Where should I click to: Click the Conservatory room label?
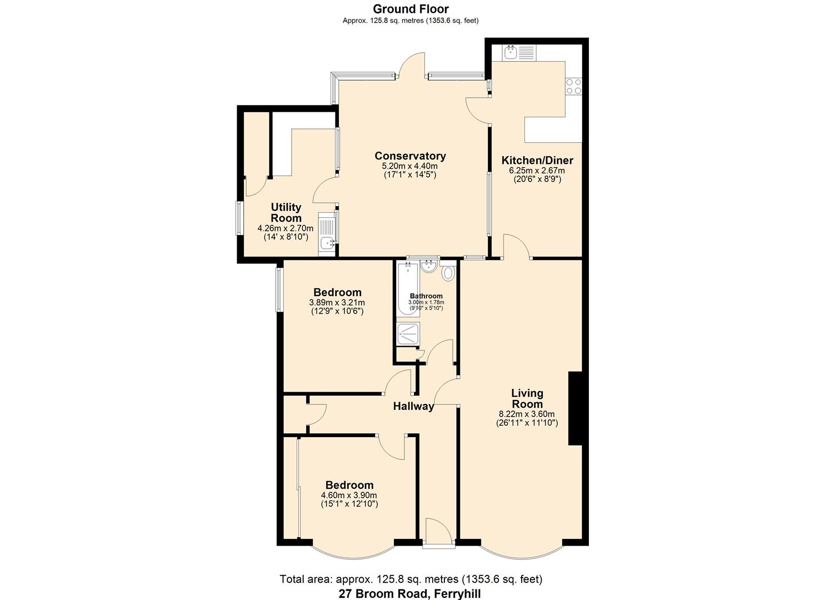(410, 156)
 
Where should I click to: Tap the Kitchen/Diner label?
(537, 161)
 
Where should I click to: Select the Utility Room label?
(286, 213)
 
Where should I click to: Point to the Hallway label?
(413, 406)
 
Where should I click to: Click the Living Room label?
(527, 398)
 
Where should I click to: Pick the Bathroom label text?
(426, 296)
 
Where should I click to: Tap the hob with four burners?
(573, 86)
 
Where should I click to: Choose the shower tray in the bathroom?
(408, 333)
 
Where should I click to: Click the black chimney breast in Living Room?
(574, 408)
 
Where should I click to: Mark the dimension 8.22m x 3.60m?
(527, 414)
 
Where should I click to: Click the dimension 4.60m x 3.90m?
(349, 496)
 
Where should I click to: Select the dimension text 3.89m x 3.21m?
(337, 303)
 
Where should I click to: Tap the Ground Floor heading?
(411, 9)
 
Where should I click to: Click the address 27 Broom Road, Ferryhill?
(410, 593)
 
